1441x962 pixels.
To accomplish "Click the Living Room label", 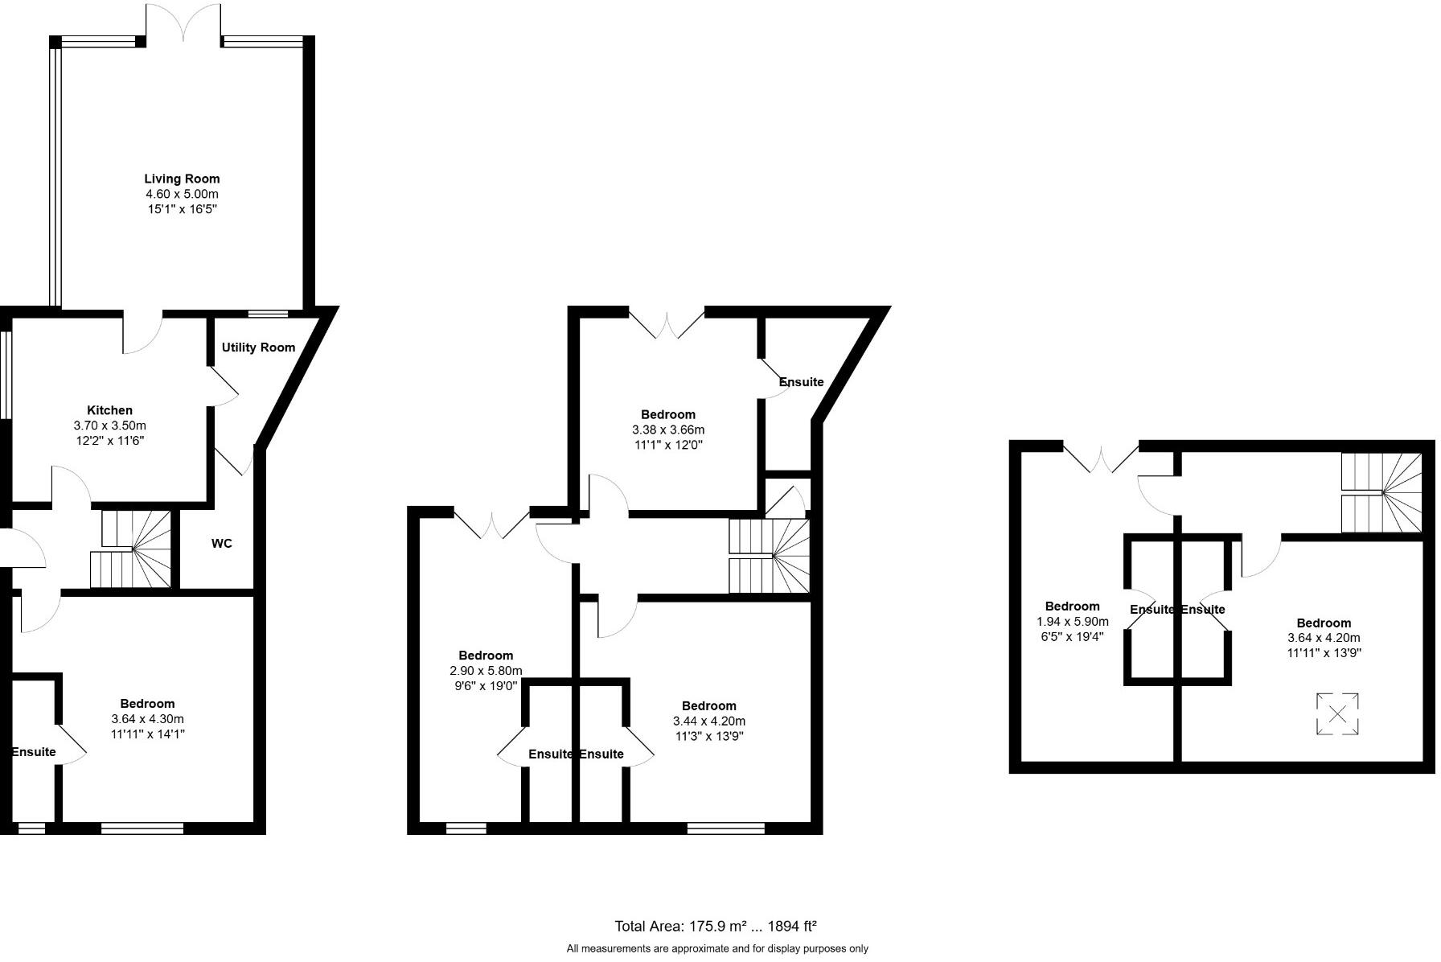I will [x=182, y=179].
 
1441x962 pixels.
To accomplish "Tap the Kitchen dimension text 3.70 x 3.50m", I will [x=109, y=425].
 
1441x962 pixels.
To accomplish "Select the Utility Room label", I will [x=258, y=347].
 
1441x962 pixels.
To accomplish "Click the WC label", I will [x=222, y=544].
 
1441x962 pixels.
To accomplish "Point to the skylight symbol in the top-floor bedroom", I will [x=1337, y=713].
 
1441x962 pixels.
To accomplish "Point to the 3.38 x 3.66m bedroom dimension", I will [x=668, y=430].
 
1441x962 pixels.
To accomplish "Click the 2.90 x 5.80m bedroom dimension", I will [x=486, y=671].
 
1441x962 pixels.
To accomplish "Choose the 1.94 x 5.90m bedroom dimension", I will [x=1072, y=622].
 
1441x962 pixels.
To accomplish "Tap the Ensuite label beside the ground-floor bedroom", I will [x=34, y=752].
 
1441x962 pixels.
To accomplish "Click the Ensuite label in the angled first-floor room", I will [x=802, y=382].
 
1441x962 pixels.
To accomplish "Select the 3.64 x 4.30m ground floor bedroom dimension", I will [x=147, y=719].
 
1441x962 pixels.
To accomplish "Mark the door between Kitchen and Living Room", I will [x=142, y=333].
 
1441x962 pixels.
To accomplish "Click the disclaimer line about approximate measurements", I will [x=717, y=949].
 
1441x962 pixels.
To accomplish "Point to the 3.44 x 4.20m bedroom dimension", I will [x=708, y=721].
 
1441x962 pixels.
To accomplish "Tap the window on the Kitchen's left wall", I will [x=5, y=375].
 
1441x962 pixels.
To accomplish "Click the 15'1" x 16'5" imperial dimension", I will [x=182, y=209].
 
